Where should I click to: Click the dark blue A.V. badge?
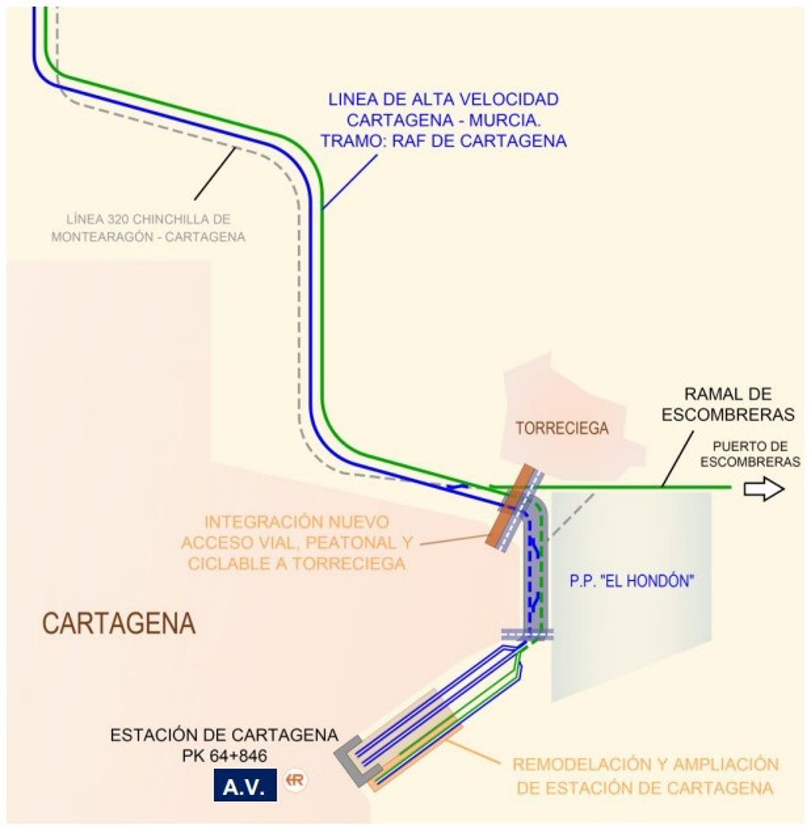[245, 785]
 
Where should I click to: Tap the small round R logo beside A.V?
[295, 780]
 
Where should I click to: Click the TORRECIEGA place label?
[562, 428]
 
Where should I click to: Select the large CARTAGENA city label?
[119, 624]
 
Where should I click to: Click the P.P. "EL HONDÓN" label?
[631, 581]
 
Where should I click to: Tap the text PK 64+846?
[224, 756]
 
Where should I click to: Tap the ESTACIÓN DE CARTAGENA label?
[224, 735]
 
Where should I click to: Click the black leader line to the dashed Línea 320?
[215, 174]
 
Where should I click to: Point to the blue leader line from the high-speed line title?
[350, 182]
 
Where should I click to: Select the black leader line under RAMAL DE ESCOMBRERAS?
[677, 459]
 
